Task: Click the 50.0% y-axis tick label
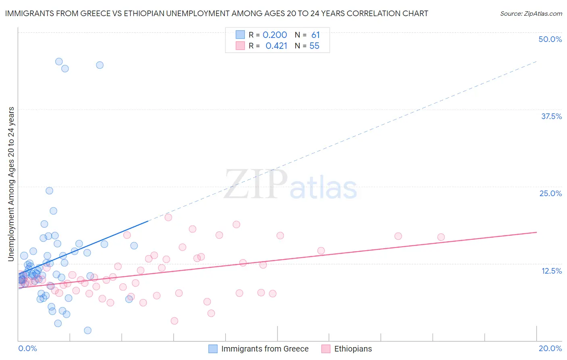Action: [x=550, y=39]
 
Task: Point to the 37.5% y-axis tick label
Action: [x=551, y=116]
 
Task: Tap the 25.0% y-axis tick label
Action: [x=550, y=193]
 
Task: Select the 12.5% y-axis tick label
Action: [x=551, y=271]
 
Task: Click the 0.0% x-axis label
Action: [x=27, y=348]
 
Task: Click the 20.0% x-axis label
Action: [x=550, y=348]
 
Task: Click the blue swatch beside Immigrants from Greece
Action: [x=213, y=349]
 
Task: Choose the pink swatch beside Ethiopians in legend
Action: [x=326, y=349]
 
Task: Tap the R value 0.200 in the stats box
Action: [x=275, y=35]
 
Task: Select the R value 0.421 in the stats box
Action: [x=276, y=46]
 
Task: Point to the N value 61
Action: [x=315, y=35]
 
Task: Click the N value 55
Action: [x=314, y=46]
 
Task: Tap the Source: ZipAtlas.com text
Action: [x=531, y=13]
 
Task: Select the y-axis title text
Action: [x=11, y=184]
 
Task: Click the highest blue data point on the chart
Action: [x=59, y=62]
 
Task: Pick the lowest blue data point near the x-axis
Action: [x=88, y=331]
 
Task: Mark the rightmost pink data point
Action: [x=441, y=237]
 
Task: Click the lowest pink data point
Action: [x=174, y=321]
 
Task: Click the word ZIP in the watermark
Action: [x=255, y=185]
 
